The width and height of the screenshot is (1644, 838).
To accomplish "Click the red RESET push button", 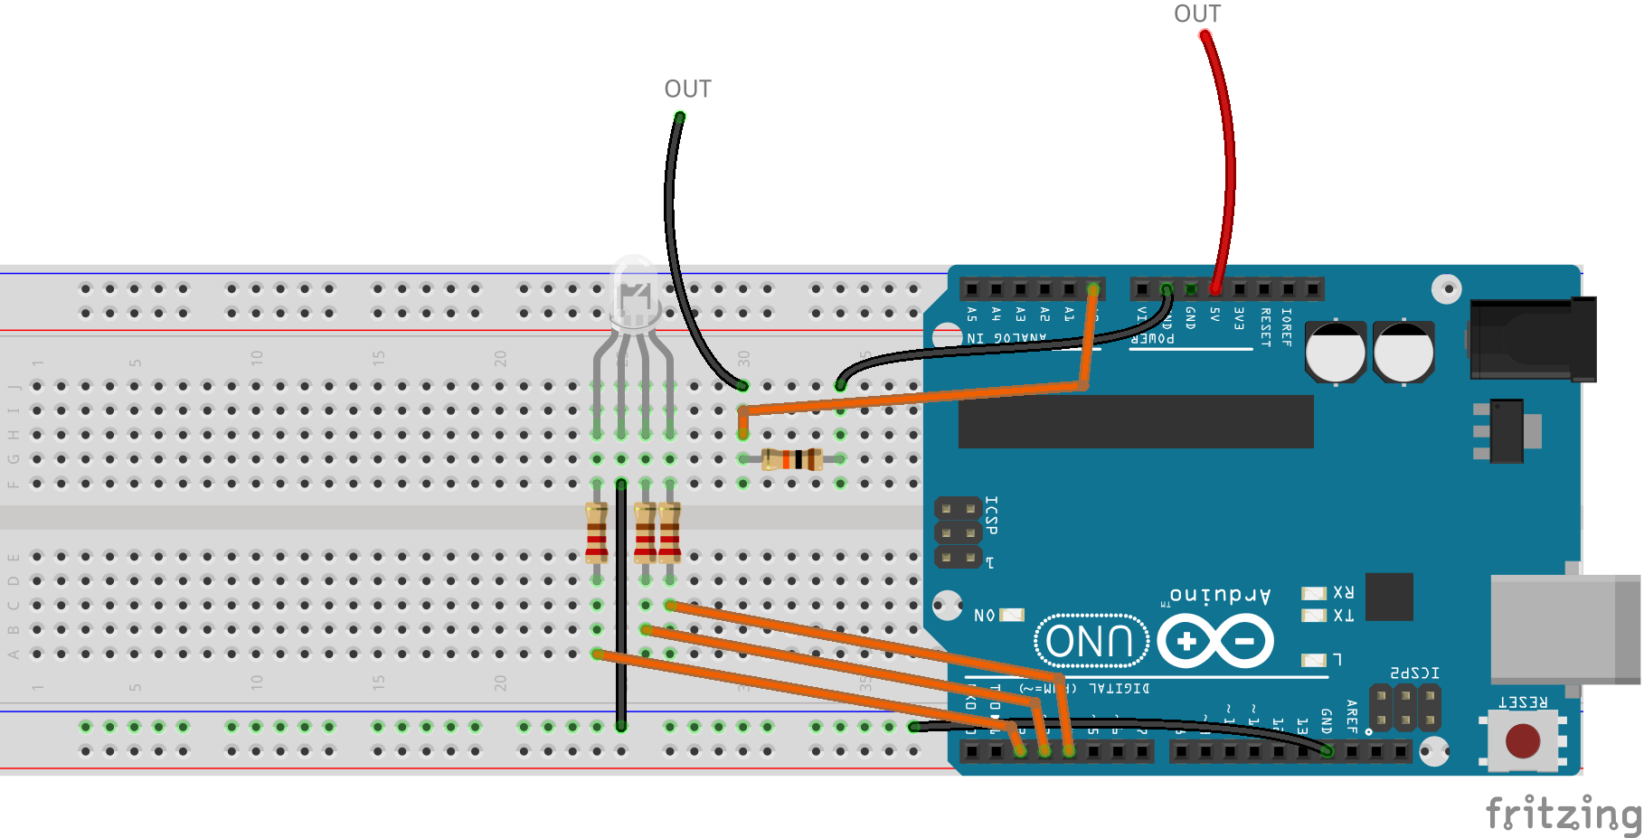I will [1523, 740].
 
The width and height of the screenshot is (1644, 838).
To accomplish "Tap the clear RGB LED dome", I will [634, 291].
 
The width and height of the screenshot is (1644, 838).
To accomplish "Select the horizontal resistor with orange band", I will [792, 459].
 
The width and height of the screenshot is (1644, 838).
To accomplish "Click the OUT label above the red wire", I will [1196, 14].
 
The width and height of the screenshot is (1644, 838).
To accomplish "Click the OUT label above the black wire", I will [687, 89].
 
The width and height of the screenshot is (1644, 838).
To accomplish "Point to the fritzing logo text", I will [1563, 813].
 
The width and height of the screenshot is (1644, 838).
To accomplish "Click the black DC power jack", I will [1532, 339].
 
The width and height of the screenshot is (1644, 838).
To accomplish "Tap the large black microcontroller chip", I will [1136, 421].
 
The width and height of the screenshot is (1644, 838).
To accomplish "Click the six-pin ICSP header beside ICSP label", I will [958, 533].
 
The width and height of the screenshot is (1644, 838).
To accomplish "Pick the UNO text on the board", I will [1090, 642].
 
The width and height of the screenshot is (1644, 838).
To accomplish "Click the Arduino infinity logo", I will [1215, 642].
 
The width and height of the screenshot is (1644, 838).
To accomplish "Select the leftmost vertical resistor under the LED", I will [596, 533].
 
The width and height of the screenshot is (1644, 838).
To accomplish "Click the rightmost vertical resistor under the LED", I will [669, 533].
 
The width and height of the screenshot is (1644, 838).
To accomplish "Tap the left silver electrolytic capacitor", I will [1335, 352].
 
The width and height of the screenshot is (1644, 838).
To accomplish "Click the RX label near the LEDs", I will [1343, 593].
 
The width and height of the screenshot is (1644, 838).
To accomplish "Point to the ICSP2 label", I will [1414, 673].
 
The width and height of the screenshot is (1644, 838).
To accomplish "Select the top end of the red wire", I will [1205, 36].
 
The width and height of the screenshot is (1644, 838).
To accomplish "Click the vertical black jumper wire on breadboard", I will [621, 606].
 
